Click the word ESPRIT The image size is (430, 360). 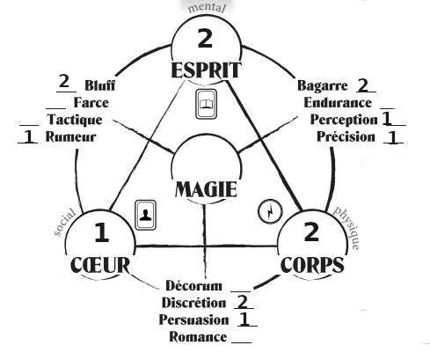(206, 70)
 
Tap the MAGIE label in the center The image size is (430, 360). (206, 189)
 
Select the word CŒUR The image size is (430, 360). (100, 265)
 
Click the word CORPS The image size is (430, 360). (312, 265)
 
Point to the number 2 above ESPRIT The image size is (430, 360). (205, 38)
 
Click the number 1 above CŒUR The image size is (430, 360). (102, 232)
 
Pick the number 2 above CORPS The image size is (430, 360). (311, 231)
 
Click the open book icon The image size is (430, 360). (206, 104)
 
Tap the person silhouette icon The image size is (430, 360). (145, 215)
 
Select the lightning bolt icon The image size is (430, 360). (270, 211)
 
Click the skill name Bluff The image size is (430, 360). (100, 85)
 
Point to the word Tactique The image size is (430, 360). (75, 120)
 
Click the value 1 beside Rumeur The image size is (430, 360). (28, 136)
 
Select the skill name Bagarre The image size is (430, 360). (323, 85)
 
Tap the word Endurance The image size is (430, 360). (338, 103)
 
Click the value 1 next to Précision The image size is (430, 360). (392, 137)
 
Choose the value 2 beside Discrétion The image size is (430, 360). (243, 302)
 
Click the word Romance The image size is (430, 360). (198, 337)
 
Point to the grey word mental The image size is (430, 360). (207, 8)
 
